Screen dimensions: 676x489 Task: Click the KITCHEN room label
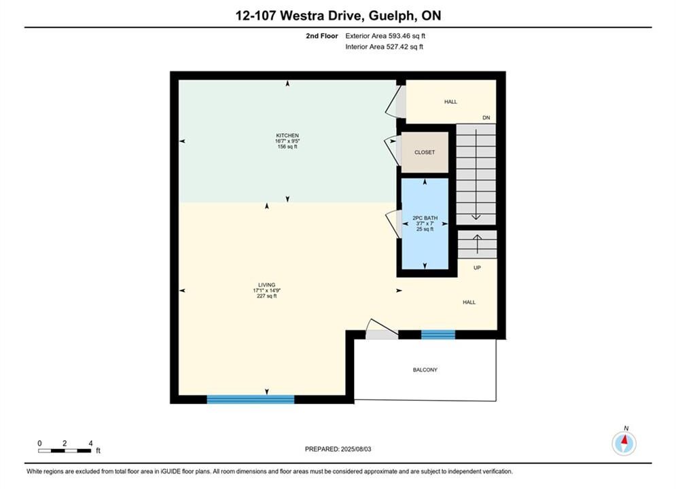287,135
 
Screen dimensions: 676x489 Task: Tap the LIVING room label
266,285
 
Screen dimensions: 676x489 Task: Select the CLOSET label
425,152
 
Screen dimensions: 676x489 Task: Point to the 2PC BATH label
425,218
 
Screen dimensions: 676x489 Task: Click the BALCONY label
425,369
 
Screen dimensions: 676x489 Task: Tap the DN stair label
486,117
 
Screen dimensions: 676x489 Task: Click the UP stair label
477,268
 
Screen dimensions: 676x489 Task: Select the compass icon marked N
624,443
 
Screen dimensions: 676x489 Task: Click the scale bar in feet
65,451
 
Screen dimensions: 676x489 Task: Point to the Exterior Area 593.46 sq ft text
385,36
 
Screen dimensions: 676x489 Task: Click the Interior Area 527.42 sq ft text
384,47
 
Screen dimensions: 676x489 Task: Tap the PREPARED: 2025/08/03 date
338,449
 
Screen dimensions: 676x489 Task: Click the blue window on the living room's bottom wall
251,399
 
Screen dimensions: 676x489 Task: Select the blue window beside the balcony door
438,335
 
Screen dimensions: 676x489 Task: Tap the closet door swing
393,151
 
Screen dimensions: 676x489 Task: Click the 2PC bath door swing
393,223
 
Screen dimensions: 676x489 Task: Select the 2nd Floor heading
322,36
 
